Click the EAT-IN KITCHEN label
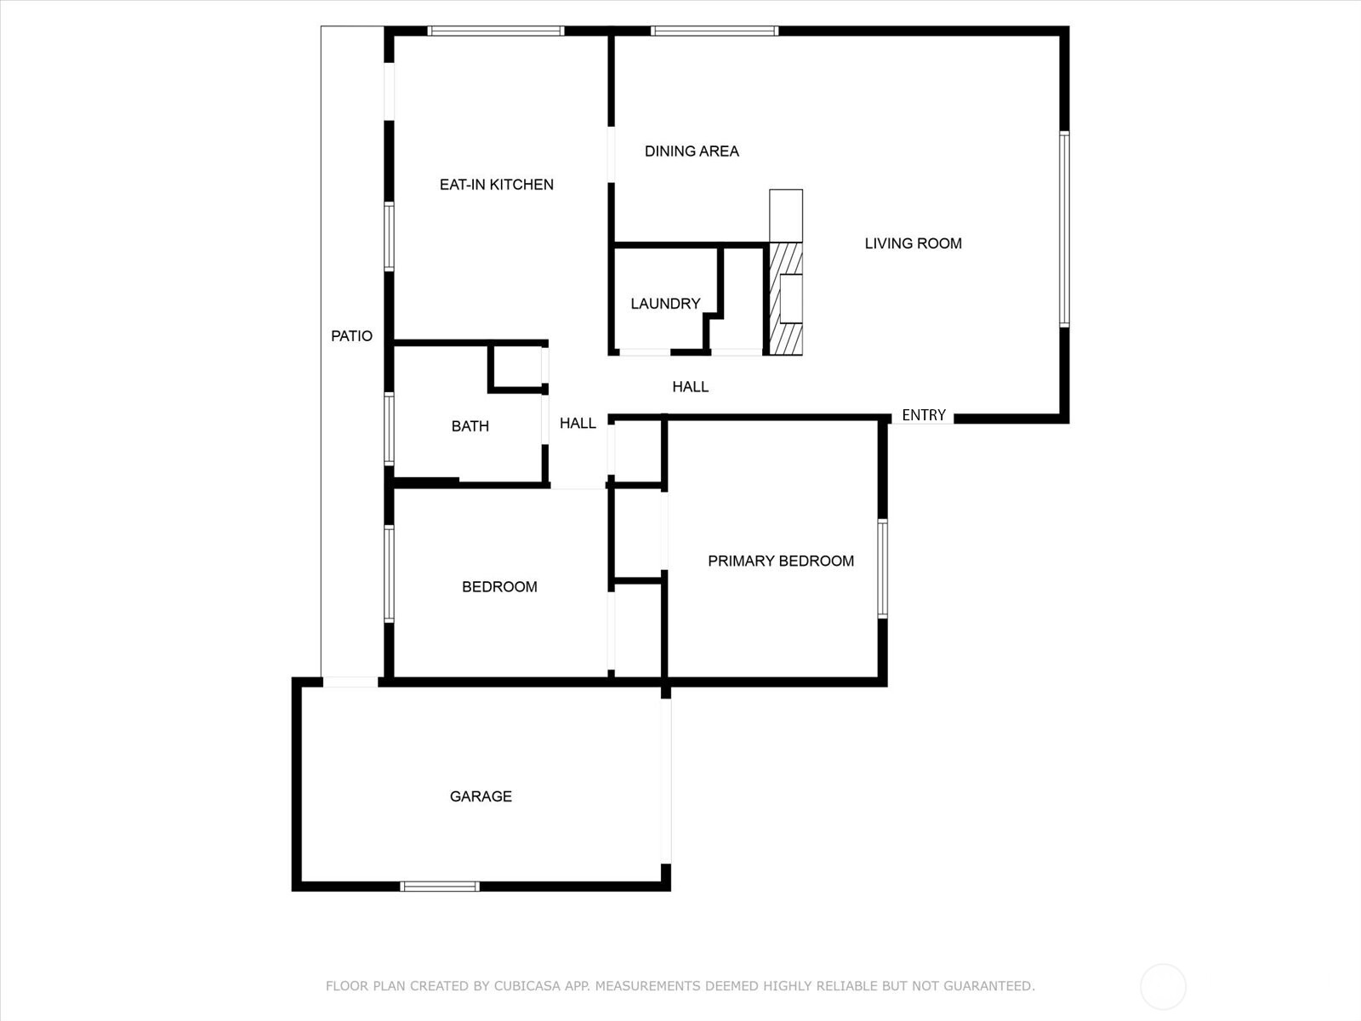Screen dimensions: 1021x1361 coord(496,185)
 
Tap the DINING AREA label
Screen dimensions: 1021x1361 coord(692,151)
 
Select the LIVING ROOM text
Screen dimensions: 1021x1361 coord(913,243)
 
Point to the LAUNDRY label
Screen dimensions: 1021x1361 coord(665,304)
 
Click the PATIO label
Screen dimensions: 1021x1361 coord(351,336)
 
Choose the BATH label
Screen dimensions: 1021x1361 coord(470,426)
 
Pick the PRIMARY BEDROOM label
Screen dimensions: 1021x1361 coord(781,561)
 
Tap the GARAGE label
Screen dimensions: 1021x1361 coord(481,796)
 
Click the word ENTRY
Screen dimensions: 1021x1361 coord(924,415)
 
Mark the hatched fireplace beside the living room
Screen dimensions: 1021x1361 coord(785,299)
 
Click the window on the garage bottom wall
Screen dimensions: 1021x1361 coord(440,887)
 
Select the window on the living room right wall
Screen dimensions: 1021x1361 coord(1063,229)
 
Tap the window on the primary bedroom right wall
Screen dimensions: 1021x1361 coord(882,568)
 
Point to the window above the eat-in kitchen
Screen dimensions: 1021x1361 coord(496,31)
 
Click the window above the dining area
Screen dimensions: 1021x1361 coord(715,31)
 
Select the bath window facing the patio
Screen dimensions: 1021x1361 coord(389,429)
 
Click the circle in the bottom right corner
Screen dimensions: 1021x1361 coord(1163,987)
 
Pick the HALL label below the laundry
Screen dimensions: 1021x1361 coord(690,387)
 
